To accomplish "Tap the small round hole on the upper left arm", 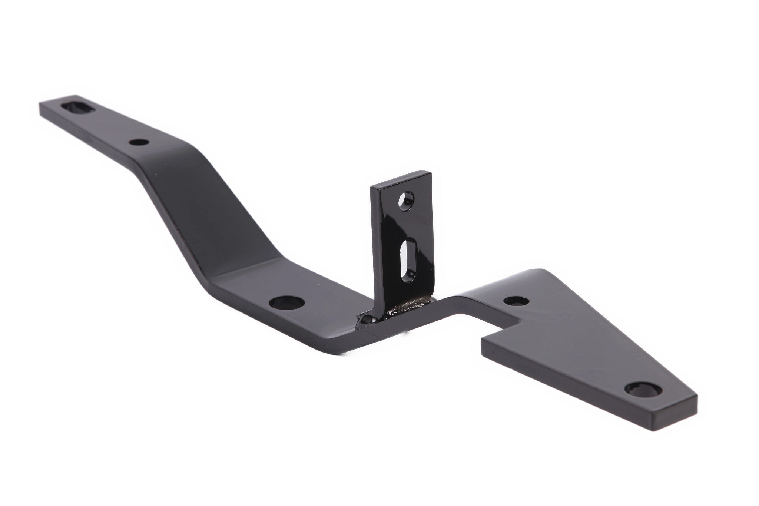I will click(x=139, y=142).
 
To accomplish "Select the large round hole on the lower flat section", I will click(x=286, y=302).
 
